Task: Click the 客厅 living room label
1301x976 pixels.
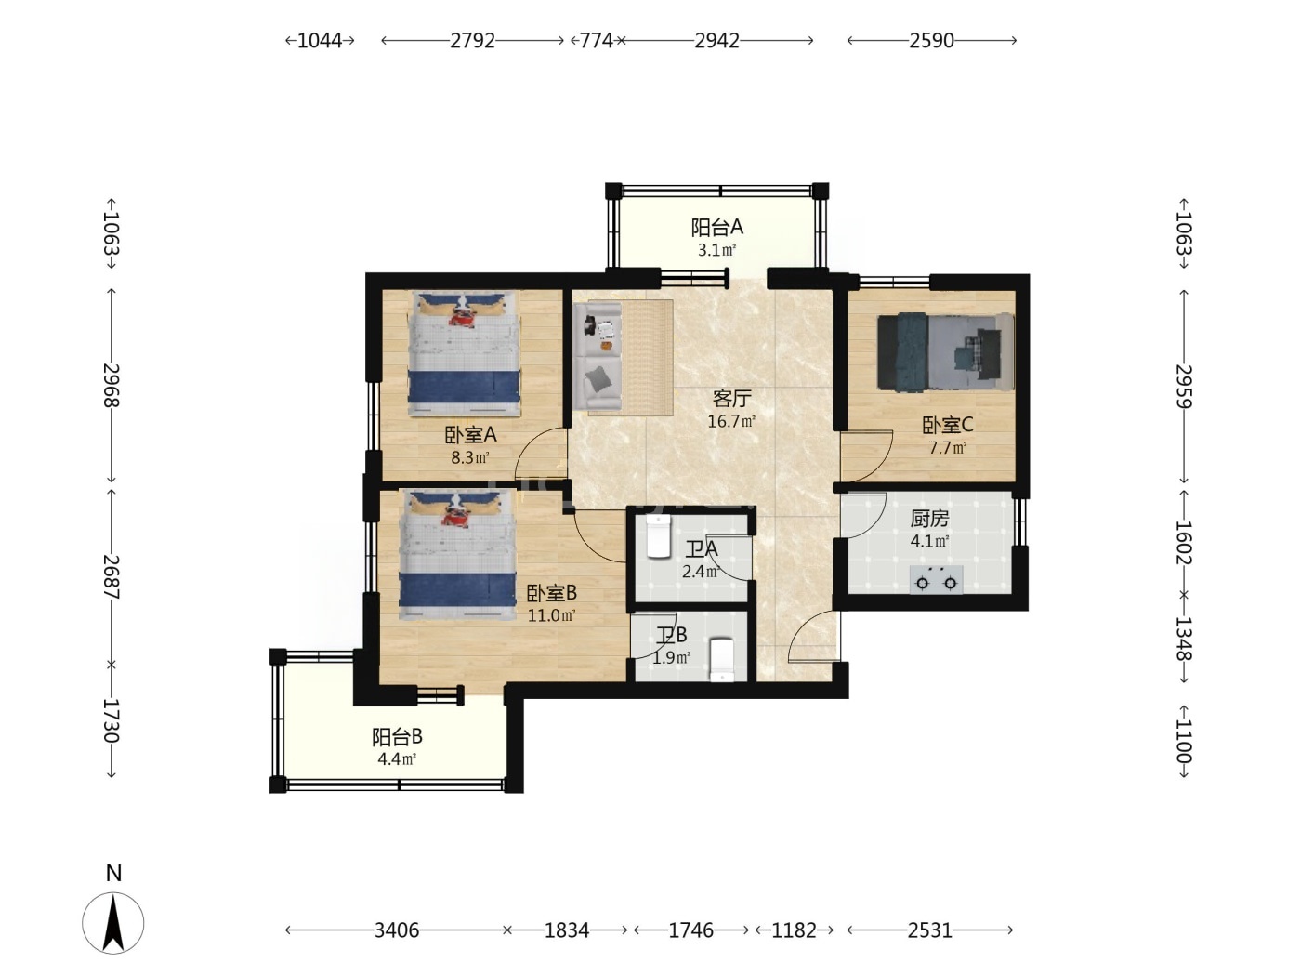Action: pos(731,398)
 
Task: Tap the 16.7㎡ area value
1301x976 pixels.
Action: pos(731,421)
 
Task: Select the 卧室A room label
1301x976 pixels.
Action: pos(470,436)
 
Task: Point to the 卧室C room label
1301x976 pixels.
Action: pos(947,425)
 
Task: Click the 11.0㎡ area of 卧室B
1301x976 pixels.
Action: pos(551,615)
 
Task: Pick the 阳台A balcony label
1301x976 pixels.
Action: pos(716,227)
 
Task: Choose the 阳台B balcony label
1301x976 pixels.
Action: pos(397,736)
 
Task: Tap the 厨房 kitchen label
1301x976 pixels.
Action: pos(929,519)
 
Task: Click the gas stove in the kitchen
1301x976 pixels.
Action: pos(936,579)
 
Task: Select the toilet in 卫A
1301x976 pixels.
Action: pos(658,535)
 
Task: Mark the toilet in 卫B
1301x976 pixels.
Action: pos(722,660)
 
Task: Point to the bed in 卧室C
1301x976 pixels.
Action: pos(945,352)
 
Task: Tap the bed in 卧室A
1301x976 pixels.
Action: pos(464,353)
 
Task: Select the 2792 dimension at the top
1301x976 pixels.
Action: pos(472,40)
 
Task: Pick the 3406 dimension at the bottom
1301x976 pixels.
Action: pos(397,930)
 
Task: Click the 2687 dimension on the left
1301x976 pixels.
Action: pos(112,577)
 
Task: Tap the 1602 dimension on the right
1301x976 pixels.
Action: pos(1184,542)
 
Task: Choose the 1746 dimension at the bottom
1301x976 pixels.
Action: pos(691,930)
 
